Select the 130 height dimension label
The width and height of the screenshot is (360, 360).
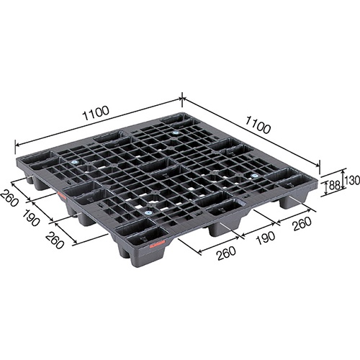click(x=351, y=179)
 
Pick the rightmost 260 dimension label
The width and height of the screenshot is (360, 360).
click(x=301, y=223)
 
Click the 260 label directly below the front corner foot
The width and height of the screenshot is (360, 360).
click(x=207, y=253)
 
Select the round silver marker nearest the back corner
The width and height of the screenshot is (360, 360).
click(x=175, y=132)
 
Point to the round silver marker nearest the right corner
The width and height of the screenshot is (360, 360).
click(x=253, y=175)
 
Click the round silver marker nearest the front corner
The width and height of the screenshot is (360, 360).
click(x=148, y=212)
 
